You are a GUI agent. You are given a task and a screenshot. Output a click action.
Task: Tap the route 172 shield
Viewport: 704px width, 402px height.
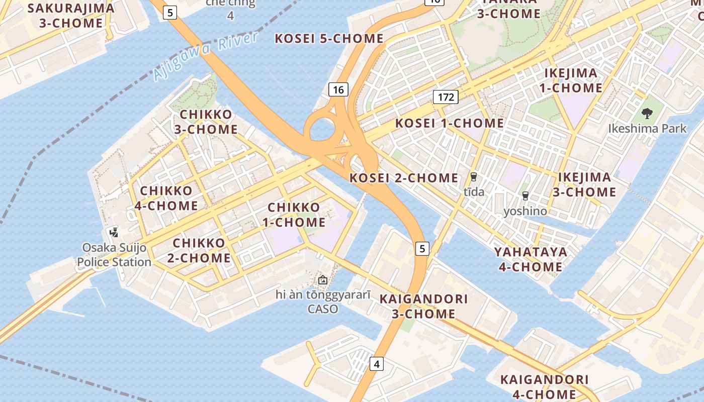[446, 97]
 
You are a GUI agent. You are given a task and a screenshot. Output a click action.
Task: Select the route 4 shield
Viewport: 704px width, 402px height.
[377, 364]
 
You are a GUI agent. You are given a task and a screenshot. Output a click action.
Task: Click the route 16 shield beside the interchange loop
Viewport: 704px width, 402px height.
[338, 90]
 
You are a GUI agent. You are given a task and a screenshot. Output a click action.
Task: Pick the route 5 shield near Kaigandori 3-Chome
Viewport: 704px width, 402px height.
[422, 248]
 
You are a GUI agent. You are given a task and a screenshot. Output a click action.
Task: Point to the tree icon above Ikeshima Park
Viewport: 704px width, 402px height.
[647, 114]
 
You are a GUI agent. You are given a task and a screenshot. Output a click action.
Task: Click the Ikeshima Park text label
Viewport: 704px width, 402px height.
[647, 129]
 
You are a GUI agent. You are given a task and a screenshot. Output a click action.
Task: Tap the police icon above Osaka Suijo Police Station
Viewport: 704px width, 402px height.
[114, 232]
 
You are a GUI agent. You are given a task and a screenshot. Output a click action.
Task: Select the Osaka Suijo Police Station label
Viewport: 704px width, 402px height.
[114, 255]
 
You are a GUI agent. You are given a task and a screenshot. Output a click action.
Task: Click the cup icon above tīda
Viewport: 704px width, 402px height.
[473, 176]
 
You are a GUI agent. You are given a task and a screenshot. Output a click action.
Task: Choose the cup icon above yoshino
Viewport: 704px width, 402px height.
[525, 195]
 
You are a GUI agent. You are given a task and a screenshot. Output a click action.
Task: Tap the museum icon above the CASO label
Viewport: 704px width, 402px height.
[322, 279]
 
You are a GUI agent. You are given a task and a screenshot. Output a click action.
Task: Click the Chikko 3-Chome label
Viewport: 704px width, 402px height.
[206, 122]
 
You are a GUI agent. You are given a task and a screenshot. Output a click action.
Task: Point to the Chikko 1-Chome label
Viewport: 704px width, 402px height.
[294, 215]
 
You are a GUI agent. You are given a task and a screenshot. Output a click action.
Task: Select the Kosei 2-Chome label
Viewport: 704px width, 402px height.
[404, 178]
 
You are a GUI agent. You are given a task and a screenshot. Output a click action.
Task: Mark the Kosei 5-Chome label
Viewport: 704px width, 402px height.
[329, 39]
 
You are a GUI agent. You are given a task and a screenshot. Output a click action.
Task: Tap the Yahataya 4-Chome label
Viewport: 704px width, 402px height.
[531, 259]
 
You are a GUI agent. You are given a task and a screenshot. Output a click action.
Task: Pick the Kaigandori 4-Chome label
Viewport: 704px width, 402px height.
[538, 387]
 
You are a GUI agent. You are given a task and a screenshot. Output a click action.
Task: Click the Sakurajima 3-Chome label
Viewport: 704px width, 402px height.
[71, 16]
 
